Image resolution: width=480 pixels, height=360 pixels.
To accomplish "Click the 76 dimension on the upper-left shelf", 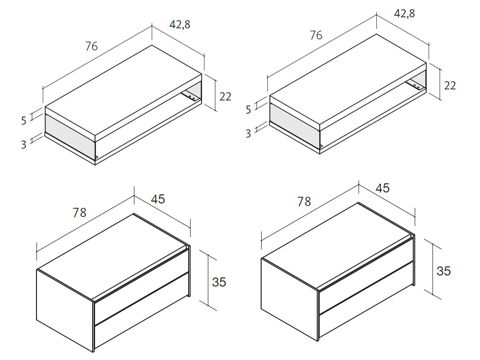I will (91, 46).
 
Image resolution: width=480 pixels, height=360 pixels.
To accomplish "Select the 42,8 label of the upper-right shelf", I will (405, 13).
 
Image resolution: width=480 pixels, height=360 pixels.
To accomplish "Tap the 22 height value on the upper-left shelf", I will (225, 96).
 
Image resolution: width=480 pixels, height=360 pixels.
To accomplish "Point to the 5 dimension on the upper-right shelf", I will (248, 110).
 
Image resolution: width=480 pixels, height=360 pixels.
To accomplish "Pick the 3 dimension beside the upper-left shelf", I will (24, 144).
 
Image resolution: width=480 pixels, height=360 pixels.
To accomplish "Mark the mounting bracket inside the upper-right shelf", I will (416, 85).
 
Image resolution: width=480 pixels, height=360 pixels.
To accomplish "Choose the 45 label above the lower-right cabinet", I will (383, 188).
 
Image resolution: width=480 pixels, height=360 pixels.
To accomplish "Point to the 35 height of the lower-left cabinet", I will (219, 281).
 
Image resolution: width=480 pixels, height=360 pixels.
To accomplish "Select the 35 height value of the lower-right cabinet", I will (444, 271).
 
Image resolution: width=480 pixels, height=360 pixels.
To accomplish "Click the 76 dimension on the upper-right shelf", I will (315, 35).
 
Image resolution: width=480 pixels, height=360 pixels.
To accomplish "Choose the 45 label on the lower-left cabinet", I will (158, 198).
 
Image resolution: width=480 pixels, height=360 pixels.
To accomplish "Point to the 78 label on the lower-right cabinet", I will (304, 201).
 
